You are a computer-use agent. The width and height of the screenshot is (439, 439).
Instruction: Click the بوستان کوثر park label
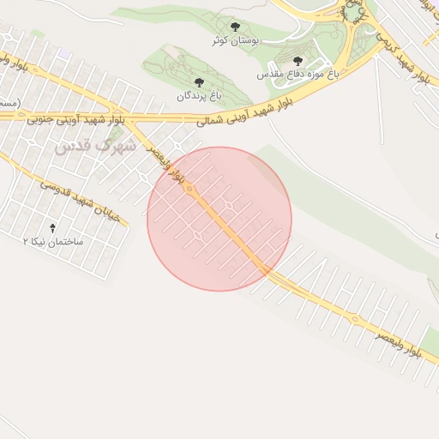click(235, 40)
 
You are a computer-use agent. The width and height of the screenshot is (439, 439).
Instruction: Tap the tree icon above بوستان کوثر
click(235, 27)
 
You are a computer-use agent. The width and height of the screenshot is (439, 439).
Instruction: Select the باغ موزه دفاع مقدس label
click(298, 75)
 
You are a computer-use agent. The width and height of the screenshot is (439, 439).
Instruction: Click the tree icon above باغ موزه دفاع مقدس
click(298, 61)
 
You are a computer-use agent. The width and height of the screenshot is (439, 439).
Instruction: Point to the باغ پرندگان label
click(198, 96)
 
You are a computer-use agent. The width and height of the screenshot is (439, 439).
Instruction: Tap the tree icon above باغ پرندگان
click(199, 82)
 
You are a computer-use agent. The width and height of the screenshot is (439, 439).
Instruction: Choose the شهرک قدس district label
click(95, 146)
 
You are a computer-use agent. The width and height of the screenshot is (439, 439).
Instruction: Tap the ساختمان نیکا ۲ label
click(53, 243)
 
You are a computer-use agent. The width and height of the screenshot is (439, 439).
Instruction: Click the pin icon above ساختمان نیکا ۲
click(53, 228)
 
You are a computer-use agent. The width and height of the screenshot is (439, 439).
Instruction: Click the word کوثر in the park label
click(221, 40)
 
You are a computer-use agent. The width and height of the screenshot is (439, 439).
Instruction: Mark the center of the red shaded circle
click(219, 219)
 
